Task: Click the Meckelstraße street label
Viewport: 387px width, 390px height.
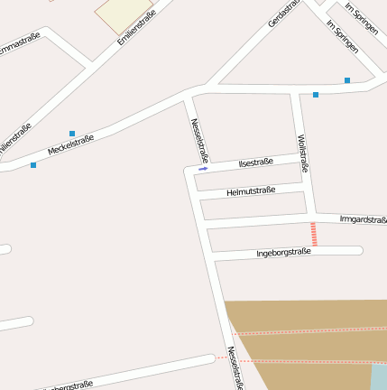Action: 71,145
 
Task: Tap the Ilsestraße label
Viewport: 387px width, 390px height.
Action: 255,162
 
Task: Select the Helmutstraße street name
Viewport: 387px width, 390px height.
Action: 250,191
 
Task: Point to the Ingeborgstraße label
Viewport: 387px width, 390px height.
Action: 283,252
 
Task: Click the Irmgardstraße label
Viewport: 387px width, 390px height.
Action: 363,219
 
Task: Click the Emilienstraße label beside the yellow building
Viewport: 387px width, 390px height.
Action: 136,29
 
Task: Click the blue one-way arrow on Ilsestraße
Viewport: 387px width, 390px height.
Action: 203,169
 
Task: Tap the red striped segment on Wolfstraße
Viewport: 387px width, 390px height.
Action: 314,234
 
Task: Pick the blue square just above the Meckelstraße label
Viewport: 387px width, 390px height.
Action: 72,134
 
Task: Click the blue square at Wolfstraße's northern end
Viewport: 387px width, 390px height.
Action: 316,95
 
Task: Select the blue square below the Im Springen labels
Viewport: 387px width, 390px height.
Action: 347,80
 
